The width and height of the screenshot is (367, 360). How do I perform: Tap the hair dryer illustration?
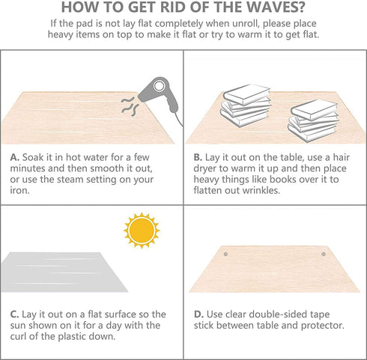(160, 95)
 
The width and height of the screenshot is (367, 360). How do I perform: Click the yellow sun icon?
(142, 231)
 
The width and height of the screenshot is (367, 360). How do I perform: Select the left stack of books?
(246, 106)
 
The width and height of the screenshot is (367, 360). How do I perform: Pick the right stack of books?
(313, 120)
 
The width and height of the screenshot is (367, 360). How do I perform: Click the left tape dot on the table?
(225, 254)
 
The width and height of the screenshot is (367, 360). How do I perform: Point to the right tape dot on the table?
(324, 254)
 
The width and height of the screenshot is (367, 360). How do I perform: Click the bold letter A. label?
(15, 157)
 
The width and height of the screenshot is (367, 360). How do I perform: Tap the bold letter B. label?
(198, 157)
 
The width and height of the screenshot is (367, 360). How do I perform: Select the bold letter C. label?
(14, 314)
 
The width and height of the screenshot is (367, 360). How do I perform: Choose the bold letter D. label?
(198, 314)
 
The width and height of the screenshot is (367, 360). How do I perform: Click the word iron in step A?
(19, 191)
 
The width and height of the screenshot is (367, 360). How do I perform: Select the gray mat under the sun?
(64, 272)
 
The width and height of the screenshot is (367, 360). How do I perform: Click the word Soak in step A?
(33, 157)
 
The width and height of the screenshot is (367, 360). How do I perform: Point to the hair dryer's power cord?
(179, 119)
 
